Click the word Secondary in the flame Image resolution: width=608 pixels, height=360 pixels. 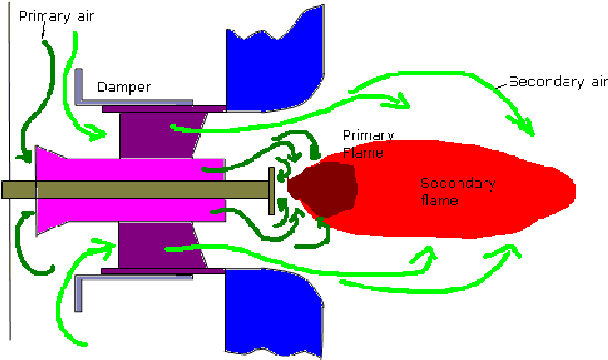click(457, 184)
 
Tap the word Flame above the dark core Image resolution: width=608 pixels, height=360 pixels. click(363, 153)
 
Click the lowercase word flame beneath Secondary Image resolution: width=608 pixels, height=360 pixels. click(440, 201)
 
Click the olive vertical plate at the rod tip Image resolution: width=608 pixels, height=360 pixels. click(270, 190)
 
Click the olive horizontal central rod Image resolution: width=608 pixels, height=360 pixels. click(134, 190)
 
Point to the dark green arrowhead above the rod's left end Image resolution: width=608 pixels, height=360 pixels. click(26, 158)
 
